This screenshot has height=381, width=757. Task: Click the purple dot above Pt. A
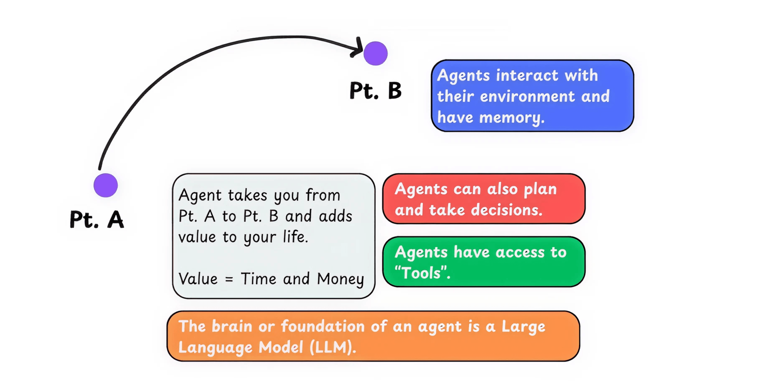click(x=105, y=185)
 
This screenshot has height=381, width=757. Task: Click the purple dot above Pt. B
click(x=375, y=53)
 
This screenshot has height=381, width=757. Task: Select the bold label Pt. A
click(x=97, y=220)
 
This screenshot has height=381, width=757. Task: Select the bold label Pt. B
click(x=375, y=90)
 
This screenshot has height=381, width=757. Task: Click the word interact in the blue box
click(x=527, y=75)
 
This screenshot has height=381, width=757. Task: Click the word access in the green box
click(x=520, y=252)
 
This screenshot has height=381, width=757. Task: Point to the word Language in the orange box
click(x=215, y=347)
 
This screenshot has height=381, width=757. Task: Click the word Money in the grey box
click(x=340, y=279)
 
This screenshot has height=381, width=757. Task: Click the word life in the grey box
click(x=295, y=237)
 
